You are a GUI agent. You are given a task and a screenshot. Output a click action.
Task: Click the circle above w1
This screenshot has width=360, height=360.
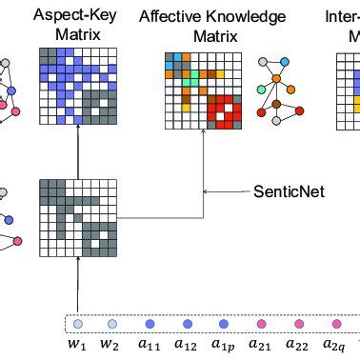click(x=78, y=323)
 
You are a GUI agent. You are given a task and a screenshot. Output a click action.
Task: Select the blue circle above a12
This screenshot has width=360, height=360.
click(x=186, y=323)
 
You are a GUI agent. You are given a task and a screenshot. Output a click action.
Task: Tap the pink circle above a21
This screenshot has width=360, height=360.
click(x=258, y=323)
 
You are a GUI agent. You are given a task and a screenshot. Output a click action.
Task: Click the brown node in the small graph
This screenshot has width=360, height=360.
click(x=276, y=103)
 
